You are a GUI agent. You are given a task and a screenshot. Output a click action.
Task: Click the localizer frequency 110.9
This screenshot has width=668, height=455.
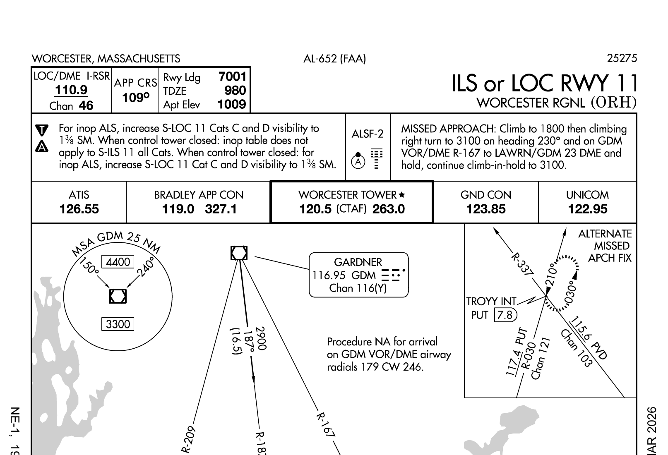tap(71, 90)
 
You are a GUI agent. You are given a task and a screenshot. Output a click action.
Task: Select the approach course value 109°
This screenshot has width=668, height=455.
tap(135, 98)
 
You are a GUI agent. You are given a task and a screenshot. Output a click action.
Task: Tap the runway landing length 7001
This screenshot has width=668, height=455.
tap(232, 77)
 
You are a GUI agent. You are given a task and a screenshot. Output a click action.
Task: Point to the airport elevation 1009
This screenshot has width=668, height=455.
tap(232, 104)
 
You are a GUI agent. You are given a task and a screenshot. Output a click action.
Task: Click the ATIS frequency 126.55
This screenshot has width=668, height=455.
tap(79, 209)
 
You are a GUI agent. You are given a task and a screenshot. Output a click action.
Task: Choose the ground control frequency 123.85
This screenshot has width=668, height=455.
tap(486, 209)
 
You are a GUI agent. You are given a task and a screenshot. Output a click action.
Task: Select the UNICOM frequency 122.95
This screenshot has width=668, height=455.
tap(588, 209)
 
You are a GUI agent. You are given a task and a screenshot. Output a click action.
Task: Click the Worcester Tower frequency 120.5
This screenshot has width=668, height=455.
tap(315, 209)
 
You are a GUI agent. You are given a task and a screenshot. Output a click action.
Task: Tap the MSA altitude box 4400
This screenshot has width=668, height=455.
tap(118, 262)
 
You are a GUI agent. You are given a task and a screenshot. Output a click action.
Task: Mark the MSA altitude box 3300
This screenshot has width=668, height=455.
tap(118, 324)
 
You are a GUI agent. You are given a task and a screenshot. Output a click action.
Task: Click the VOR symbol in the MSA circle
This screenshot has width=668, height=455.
tap(118, 296)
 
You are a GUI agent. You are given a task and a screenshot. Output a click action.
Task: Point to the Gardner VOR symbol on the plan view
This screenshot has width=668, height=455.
tap(239, 253)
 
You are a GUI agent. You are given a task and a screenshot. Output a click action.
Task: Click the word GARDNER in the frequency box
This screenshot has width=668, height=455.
tap(358, 262)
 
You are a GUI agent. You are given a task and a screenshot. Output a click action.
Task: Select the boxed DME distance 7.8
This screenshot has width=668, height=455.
tap(505, 315)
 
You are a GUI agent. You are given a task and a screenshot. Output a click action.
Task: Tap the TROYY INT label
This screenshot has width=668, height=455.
tap(491, 302)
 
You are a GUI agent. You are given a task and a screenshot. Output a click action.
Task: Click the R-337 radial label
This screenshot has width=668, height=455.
tap(522, 264)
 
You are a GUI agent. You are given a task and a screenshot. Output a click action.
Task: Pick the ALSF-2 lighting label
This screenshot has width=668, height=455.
tap(368, 134)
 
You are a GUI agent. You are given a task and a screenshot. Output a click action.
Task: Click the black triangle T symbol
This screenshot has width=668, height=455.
tap(42, 130)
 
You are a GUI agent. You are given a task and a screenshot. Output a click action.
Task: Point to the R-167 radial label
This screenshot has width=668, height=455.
tap(326, 424)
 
